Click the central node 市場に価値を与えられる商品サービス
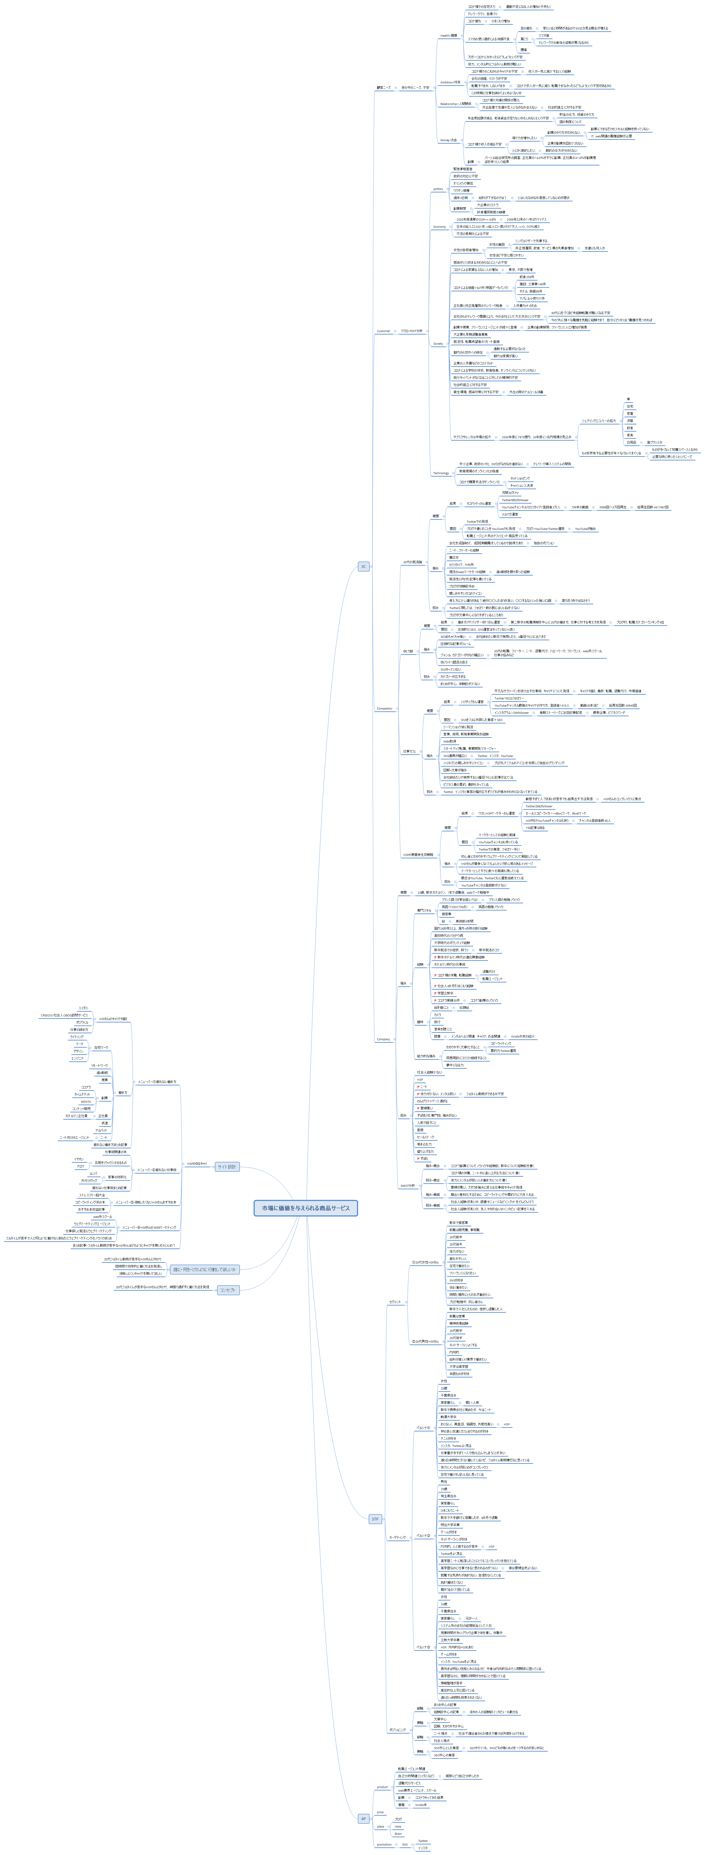coord(305,1208)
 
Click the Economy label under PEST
coord(439,227)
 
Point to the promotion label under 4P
coord(384,1844)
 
